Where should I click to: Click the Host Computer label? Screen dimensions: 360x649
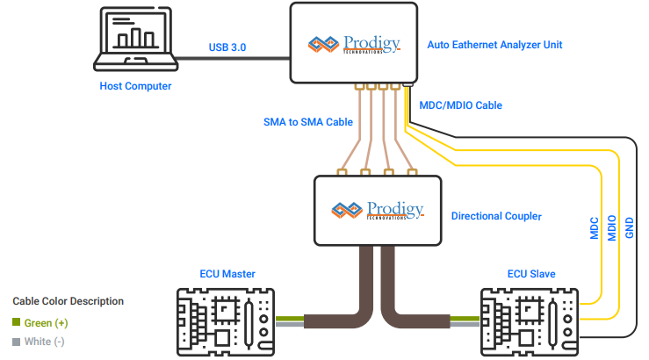(x=135, y=86)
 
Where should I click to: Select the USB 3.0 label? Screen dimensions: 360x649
(x=228, y=47)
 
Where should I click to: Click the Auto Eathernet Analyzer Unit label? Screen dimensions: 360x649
(x=494, y=44)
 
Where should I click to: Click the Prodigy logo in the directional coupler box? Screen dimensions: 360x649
(x=378, y=210)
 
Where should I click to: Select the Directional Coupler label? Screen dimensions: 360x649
(x=496, y=215)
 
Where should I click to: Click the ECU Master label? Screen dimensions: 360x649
(x=226, y=274)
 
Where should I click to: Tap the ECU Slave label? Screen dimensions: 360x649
(x=531, y=274)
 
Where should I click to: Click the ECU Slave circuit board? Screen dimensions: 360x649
(x=530, y=320)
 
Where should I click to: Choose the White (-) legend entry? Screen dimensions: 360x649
(x=39, y=342)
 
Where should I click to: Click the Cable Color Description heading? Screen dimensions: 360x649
(x=68, y=301)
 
